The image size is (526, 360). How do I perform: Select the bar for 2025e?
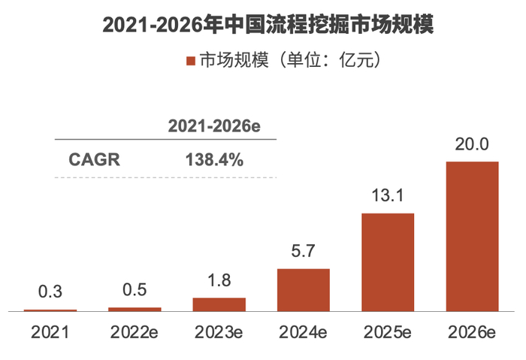tap(388, 262)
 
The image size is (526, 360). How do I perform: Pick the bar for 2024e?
tap(304, 289)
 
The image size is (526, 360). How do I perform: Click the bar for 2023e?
tap(219, 304)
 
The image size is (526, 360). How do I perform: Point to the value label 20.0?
tap(472, 144)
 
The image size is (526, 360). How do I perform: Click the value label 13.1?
tap(388, 195)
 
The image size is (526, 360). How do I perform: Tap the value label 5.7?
tap(304, 251)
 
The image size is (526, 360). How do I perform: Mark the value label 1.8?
tap(219, 280)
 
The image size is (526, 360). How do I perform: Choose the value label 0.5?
tap(135, 290)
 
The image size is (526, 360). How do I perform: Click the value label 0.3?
tap(50, 292)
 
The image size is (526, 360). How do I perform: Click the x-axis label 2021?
tap(50, 331)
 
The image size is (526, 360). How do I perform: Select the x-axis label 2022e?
tap(135, 331)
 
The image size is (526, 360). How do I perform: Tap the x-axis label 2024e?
tap(304, 331)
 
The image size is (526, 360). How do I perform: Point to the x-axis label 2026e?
tap(472, 331)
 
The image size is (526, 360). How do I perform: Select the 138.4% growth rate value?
tap(214, 159)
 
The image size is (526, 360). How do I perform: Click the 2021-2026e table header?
tap(214, 126)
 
